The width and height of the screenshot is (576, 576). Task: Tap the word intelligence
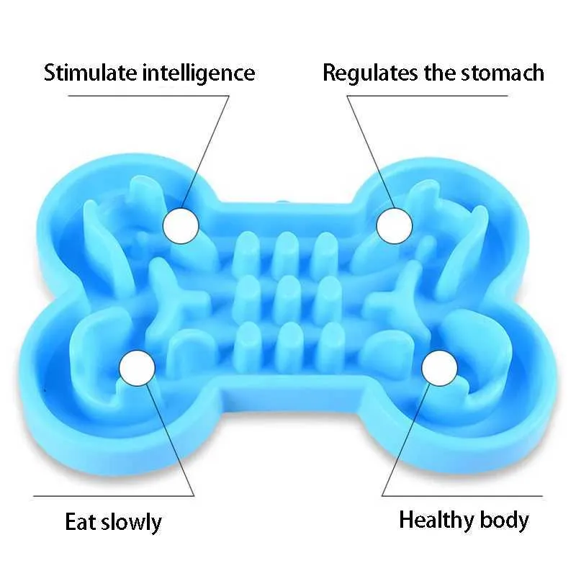[x=199, y=73]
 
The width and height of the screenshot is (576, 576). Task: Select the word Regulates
[x=370, y=73]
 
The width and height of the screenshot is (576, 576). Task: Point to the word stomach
[x=503, y=73]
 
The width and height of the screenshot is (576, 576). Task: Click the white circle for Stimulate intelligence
[x=181, y=225]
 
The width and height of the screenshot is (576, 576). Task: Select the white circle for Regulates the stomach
[x=395, y=225]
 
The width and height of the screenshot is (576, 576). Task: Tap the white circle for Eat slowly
[x=137, y=368]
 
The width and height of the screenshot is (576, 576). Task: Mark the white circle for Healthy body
[x=440, y=368]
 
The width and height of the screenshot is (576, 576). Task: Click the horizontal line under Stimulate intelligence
[x=148, y=96]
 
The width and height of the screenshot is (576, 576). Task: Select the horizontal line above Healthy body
[x=462, y=495]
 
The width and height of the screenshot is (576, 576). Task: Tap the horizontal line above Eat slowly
[x=114, y=496]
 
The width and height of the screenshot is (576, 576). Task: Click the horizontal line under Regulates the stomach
[x=427, y=96]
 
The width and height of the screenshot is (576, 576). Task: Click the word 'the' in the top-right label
[x=439, y=73]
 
